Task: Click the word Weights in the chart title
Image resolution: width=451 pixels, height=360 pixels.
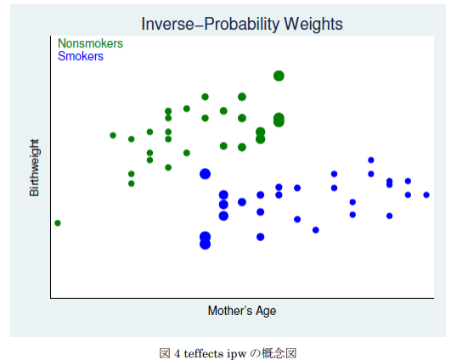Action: [313, 24]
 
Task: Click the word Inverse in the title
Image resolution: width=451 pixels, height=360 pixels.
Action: [168, 24]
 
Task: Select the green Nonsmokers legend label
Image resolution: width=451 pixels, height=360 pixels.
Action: [90, 43]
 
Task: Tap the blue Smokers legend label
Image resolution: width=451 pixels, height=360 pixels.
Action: [81, 56]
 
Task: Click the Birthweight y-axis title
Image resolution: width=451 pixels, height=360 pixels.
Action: [34, 167]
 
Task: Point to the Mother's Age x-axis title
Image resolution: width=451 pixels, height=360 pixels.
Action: [242, 311]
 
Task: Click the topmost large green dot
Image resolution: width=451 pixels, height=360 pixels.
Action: [279, 76]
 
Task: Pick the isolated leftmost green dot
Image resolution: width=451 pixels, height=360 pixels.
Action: [58, 222]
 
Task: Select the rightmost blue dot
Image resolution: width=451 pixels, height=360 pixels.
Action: [426, 195]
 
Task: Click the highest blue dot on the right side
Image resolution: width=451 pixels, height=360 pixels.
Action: [371, 160]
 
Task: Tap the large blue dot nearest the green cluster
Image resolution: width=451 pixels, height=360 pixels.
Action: [205, 174]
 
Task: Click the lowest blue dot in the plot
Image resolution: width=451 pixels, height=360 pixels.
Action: [205, 245]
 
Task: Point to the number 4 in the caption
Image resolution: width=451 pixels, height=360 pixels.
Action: [178, 353]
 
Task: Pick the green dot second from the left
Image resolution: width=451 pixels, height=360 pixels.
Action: [113, 135]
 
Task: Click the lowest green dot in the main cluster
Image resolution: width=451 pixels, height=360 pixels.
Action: [131, 183]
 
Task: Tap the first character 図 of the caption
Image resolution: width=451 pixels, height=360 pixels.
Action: [165, 353]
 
